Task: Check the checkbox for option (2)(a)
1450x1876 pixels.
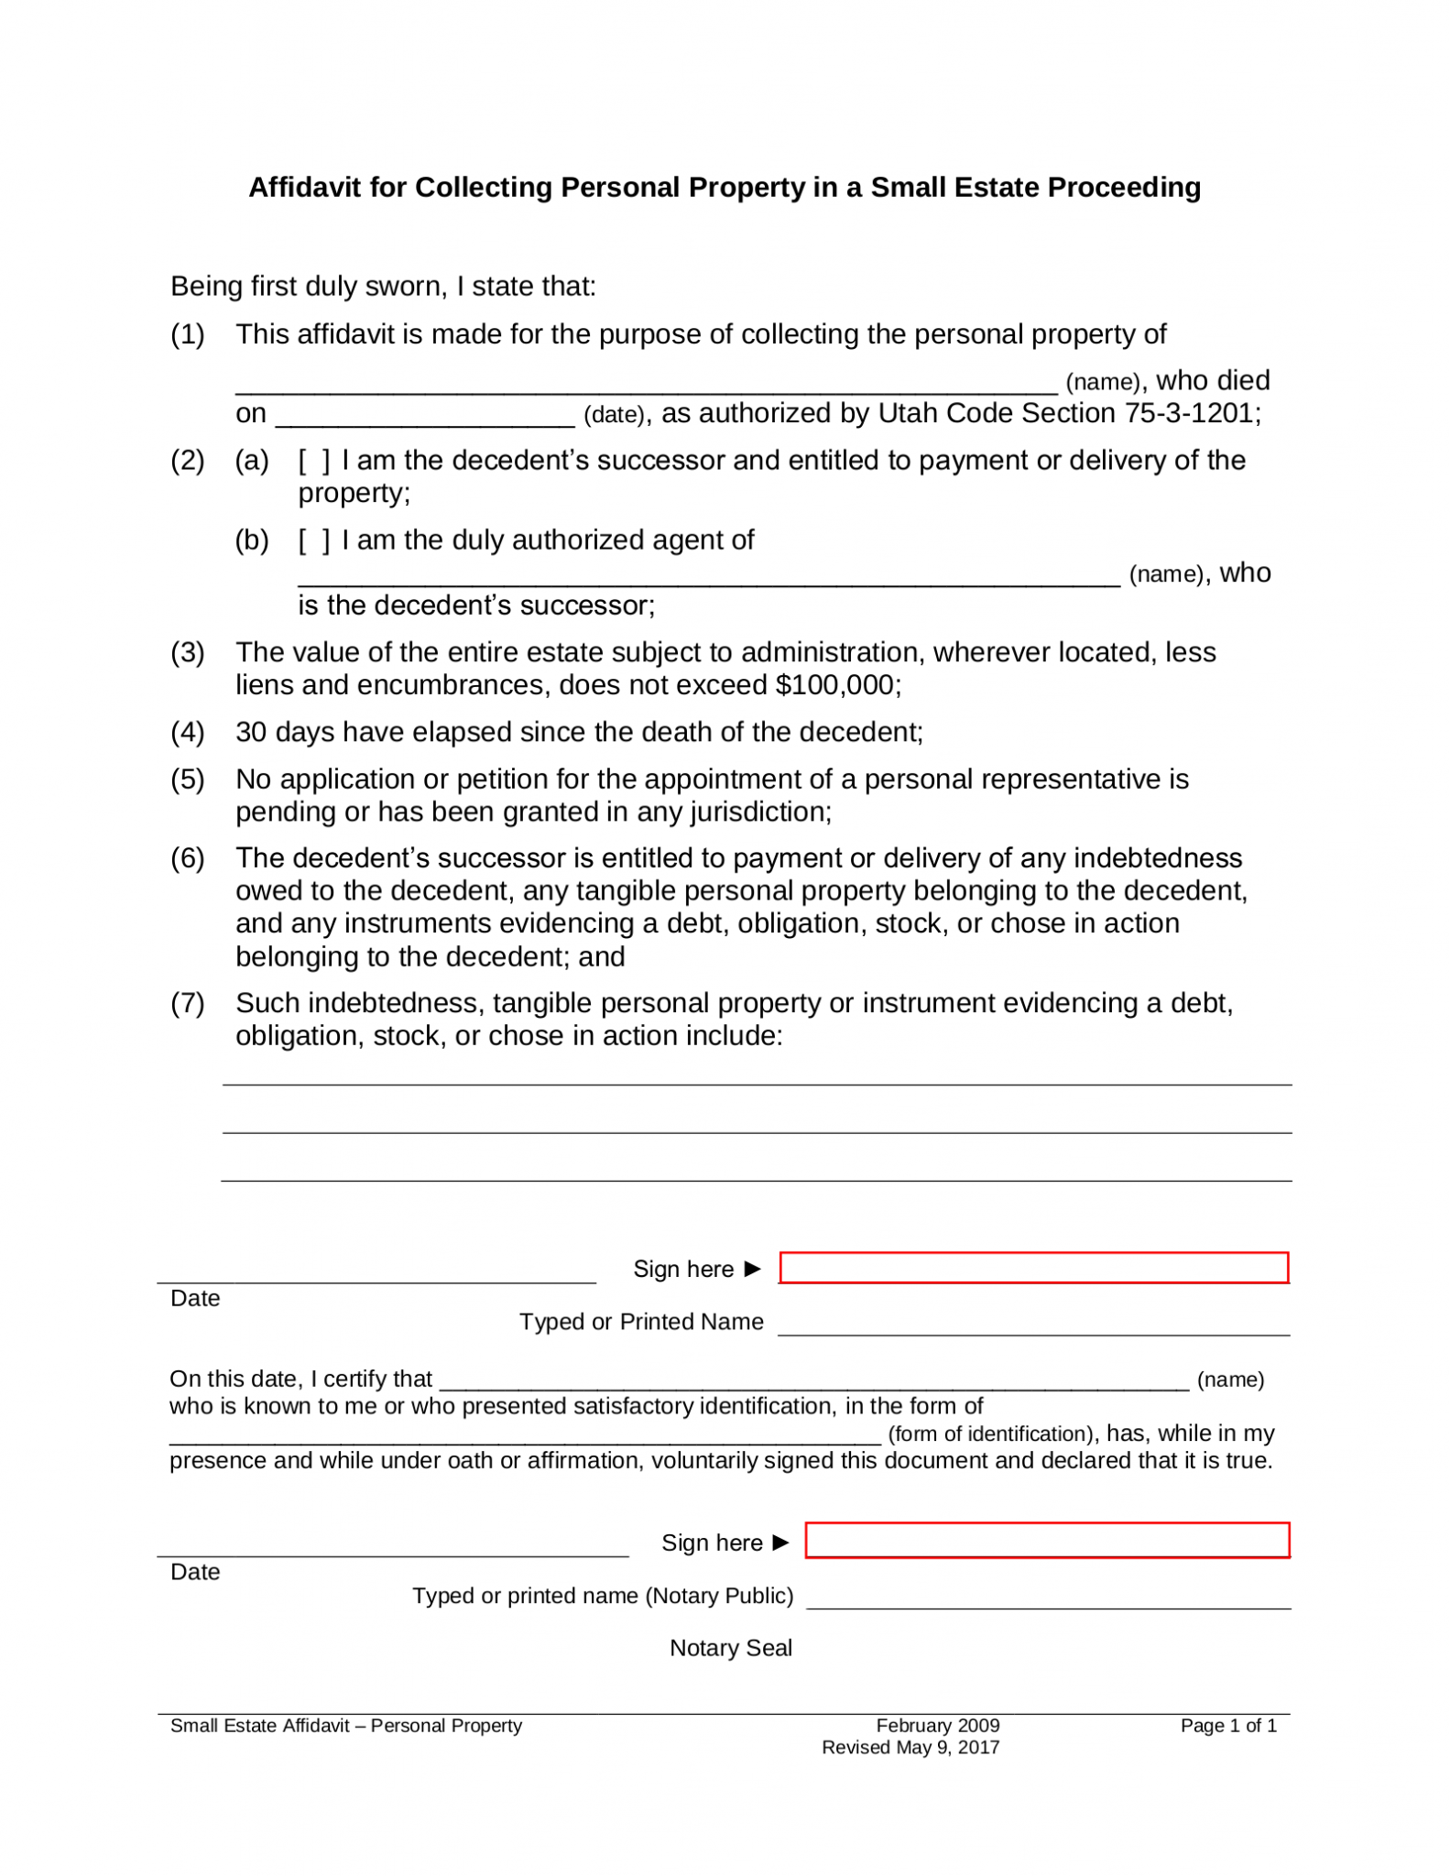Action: tap(314, 460)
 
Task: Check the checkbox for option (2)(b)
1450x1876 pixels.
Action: tap(314, 540)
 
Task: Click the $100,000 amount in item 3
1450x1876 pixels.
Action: tap(835, 685)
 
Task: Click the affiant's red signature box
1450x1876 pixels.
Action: tap(1033, 1268)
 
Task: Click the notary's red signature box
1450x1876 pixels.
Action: tap(1047, 1541)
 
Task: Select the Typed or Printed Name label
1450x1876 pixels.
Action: tap(641, 1322)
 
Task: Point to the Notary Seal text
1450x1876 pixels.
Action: tap(730, 1648)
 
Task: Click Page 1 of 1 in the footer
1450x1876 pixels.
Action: tap(1227, 1726)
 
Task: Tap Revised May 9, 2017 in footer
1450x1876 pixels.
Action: tap(910, 1748)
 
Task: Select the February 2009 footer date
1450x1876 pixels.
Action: tap(937, 1726)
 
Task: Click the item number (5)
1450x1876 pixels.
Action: tap(188, 780)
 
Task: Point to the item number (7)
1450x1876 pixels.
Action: tap(188, 1003)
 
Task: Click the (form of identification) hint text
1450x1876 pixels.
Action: tap(991, 1434)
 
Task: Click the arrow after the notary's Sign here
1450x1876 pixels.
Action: tap(780, 1543)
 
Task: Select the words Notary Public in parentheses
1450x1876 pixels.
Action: tap(718, 1596)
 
